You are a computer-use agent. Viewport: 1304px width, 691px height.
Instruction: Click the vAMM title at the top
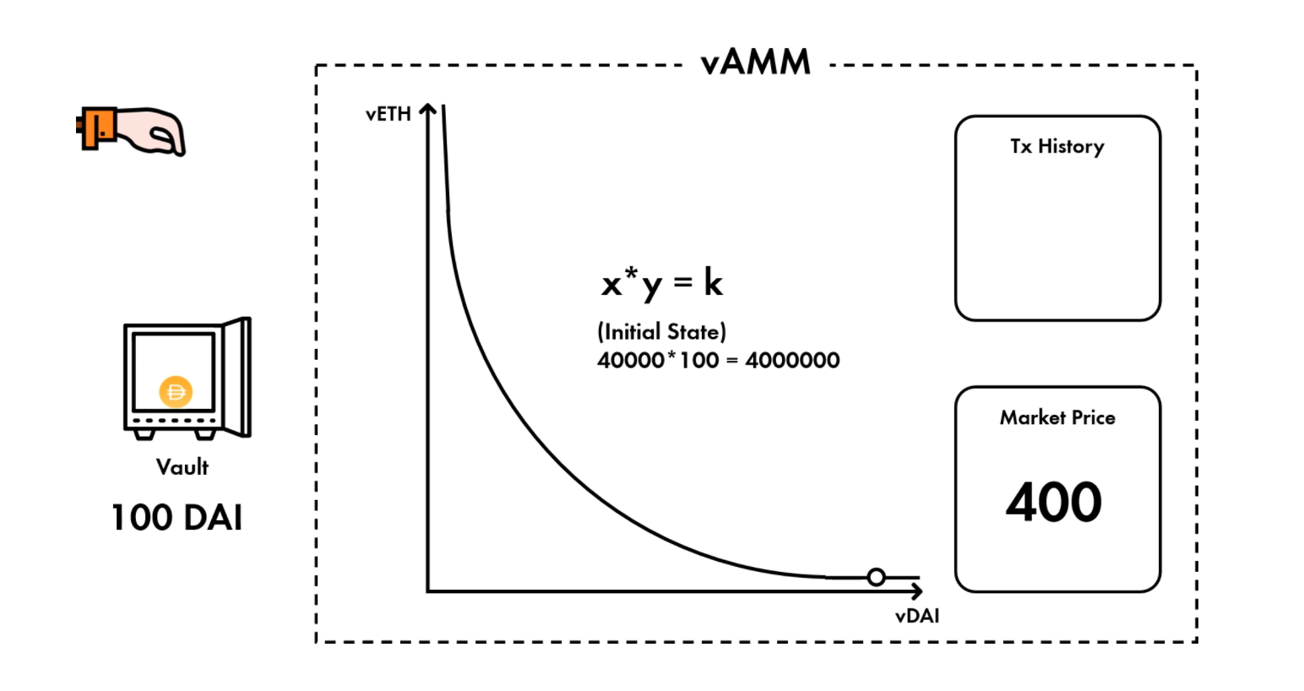coord(755,63)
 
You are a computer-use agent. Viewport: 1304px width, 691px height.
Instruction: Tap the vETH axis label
coord(388,114)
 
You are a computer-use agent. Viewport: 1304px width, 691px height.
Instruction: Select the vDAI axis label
coord(916,616)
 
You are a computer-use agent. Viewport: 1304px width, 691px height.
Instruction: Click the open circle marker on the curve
coord(877,577)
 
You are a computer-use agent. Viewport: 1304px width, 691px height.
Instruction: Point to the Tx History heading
coord(1057,146)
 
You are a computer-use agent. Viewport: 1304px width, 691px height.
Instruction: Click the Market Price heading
coord(1057,417)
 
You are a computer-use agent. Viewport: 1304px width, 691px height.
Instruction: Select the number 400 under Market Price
coord(1053,501)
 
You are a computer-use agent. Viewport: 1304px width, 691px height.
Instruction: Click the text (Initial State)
coord(661,331)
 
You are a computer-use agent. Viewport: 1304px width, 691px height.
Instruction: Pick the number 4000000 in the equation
coord(792,361)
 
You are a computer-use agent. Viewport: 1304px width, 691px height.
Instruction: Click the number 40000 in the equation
coord(630,361)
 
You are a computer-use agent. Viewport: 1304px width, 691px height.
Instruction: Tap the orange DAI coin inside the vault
coord(176,392)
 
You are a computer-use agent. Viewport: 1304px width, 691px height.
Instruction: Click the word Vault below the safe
coord(182,466)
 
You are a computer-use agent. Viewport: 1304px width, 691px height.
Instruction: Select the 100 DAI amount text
coord(177,517)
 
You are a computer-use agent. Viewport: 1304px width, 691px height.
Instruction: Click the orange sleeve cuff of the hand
coord(95,128)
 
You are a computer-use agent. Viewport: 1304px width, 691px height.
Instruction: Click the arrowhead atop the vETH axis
coord(428,110)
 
